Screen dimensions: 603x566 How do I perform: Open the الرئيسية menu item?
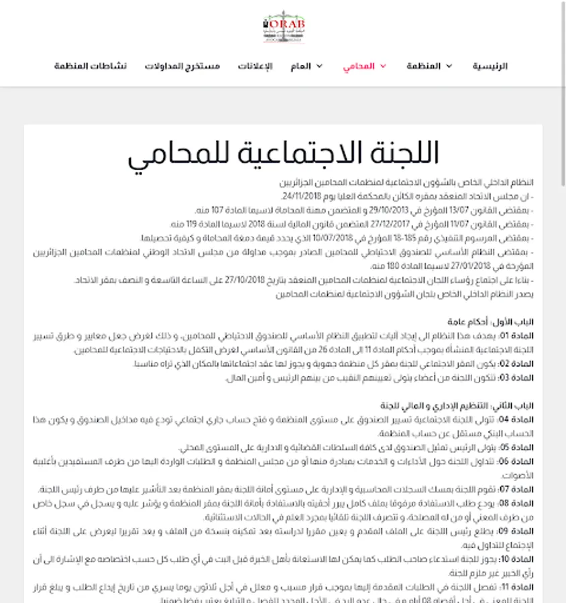[490, 66]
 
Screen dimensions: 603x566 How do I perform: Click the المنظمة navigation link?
[424, 66]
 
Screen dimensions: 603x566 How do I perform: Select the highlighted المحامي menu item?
[359, 66]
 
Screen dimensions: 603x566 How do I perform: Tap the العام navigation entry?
[301, 66]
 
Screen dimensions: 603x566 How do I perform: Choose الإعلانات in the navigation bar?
[256, 66]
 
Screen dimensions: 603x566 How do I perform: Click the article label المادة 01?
[520, 336]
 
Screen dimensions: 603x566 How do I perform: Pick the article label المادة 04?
[520, 420]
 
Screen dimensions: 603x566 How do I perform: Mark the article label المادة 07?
[520, 490]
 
